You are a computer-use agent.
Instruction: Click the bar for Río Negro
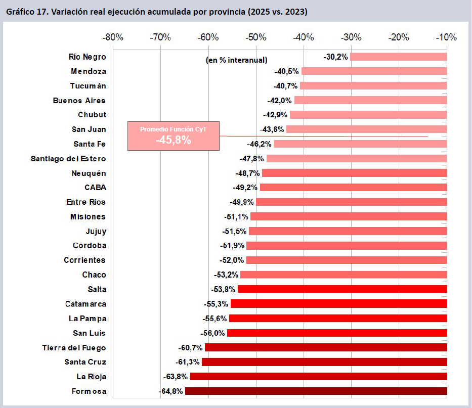tap(398, 57)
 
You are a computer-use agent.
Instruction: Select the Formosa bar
tap(316, 391)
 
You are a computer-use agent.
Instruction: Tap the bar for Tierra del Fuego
tap(326, 347)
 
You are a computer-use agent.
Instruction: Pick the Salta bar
tap(342, 289)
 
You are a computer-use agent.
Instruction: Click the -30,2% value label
tap(335, 57)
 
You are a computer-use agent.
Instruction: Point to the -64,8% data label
tap(170, 391)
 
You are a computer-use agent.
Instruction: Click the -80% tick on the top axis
tap(112, 37)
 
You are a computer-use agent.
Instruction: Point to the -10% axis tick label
tap(447, 37)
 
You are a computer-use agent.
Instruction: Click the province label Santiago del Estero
tap(68, 159)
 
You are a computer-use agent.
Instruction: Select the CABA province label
tap(95, 188)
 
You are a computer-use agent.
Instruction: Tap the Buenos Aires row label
tap(79, 101)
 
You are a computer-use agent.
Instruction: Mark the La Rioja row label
tap(91, 377)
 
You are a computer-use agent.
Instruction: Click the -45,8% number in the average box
tap(173, 141)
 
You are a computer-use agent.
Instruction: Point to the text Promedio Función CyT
tap(173, 130)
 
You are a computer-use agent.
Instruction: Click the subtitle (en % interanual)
tap(236, 60)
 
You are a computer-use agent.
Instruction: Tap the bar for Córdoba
tap(347, 246)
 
